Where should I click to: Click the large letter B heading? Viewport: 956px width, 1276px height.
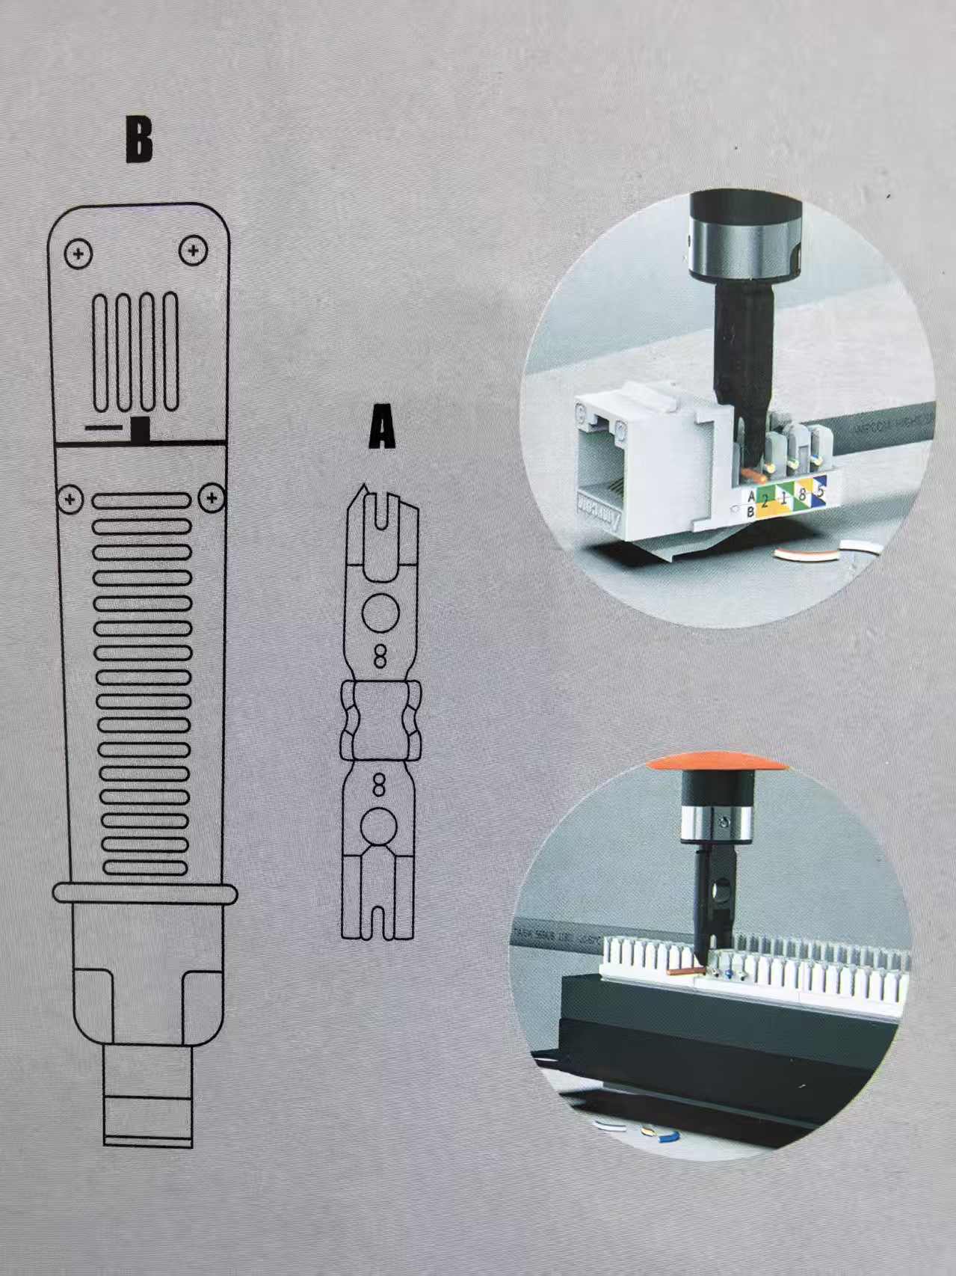coord(139,140)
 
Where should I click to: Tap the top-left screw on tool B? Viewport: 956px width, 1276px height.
coord(78,254)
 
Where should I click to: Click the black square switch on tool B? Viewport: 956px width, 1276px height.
coord(140,429)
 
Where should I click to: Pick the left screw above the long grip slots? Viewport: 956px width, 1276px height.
coord(70,498)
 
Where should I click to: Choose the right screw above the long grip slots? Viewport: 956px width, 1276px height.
coord(213,497)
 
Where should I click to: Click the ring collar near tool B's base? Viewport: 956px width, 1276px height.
coord(145,894)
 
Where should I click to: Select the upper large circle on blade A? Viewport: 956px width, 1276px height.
coord(380,612)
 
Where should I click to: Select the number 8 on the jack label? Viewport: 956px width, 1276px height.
coord(803,494)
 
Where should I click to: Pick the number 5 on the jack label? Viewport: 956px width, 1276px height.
coord(820,491)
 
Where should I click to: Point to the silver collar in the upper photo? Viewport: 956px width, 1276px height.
coord(744,247)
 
